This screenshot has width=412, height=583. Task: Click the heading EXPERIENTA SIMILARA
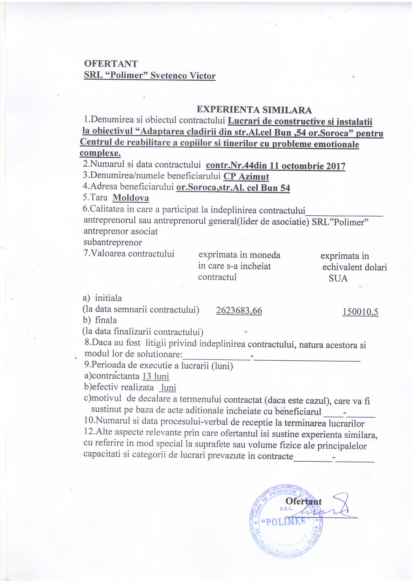[254, 110]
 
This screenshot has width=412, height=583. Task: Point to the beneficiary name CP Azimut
[246, 177]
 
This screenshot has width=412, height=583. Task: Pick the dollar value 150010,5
[360, 312]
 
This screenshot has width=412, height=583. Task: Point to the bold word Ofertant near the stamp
[303, 501]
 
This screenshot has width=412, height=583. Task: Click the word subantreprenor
[113, 243]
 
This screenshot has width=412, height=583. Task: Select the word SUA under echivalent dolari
[338, 279]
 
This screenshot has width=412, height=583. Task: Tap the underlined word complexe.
[100, 153]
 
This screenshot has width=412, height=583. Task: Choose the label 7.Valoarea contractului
[129, 253]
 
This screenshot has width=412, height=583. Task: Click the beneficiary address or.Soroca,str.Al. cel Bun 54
[233, 188]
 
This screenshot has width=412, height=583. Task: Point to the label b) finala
[100, 320]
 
